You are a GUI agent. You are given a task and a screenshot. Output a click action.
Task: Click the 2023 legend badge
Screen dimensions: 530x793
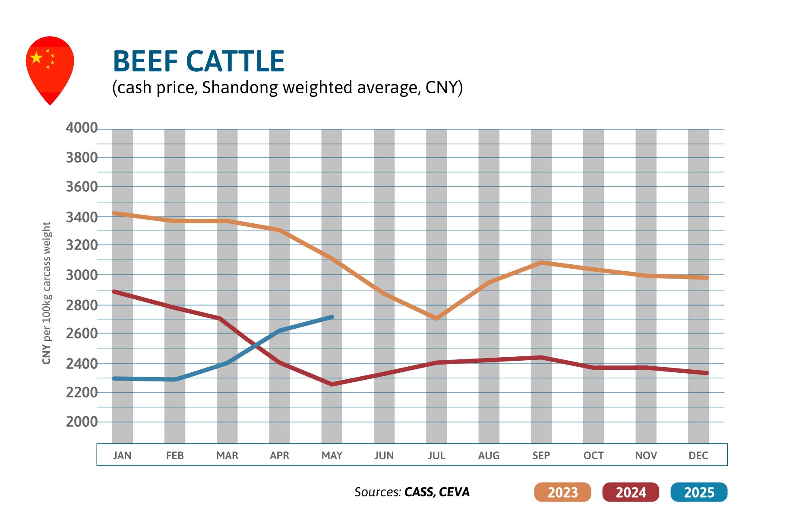click(562, 492)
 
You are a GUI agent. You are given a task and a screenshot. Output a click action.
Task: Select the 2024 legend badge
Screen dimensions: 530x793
click(630, 492)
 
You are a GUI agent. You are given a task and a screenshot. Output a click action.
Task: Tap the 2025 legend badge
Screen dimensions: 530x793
click(698, 492)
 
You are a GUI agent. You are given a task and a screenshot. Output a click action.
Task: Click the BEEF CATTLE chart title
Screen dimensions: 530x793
click(198, 61)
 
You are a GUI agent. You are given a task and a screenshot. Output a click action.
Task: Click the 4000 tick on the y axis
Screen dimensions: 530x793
click(82, 128)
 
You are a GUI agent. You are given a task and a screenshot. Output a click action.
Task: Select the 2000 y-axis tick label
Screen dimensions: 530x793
click(82, 422)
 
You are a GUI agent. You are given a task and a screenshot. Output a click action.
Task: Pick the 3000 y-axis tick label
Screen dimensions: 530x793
click(82, 275)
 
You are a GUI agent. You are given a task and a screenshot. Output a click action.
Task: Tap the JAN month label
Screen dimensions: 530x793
click(122, 455)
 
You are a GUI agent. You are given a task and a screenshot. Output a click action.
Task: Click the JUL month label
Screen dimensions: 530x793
click(436, 455)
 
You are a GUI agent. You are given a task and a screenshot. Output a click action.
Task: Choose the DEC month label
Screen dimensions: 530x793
click(698, 455)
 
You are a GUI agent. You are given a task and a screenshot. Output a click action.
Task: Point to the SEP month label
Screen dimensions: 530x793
click(541, 455)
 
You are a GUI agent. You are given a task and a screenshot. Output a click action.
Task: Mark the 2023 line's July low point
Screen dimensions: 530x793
click(436, 318)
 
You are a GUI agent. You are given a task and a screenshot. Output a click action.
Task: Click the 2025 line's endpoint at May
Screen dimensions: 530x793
click(332, 317)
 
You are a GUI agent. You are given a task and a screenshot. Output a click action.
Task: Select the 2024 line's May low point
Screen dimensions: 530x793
click(332, 384)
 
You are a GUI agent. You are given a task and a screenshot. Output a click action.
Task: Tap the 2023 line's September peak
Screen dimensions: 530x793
click(541, 263)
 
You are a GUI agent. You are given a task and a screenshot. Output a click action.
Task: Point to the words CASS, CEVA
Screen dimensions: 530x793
click(436, 492)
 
